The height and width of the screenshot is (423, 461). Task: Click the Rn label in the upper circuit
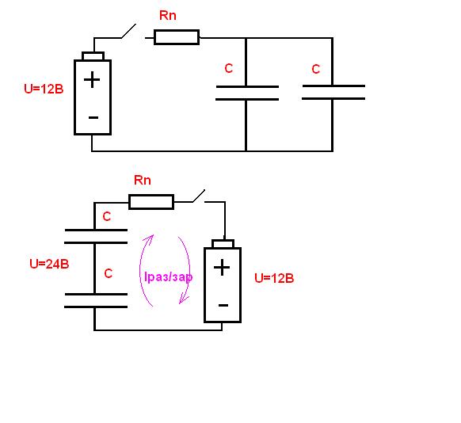[x=168, y=16]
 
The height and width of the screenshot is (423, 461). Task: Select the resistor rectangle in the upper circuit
[x=177, y=37]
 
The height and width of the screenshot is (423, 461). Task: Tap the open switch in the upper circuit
[x=129, y=31]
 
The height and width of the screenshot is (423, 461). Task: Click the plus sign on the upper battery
[x=92, y=80]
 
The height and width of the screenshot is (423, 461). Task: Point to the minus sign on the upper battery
[x=93, y=118]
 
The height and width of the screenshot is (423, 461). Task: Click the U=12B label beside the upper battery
[x=44, y=89]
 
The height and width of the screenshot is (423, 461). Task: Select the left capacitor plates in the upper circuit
[x=247, y=93]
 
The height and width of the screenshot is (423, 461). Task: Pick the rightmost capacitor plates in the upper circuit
[x=333, y=93]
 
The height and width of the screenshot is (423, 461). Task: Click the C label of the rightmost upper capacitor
[x=316, y=70]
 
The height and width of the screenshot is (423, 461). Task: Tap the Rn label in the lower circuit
[x=143, y=180]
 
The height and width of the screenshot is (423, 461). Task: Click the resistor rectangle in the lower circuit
[x=151, y=202]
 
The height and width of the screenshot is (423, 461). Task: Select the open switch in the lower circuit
[x=199, y=196]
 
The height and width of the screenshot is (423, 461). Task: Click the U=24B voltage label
[x=49, y=264]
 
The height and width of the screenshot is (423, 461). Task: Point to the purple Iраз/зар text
[x=169, y=277]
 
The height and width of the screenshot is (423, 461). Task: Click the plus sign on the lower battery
[x=222, y=268]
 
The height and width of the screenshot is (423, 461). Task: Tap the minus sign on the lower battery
[x=223, y=306]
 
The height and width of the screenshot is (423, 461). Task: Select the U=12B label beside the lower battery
[x=274, y=278]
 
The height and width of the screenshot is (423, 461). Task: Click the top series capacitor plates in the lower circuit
[x=96, y=237]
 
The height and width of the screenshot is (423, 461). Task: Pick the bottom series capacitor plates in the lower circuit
[x=96, y=300]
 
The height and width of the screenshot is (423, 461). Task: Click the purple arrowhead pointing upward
[x=150, y=238]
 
